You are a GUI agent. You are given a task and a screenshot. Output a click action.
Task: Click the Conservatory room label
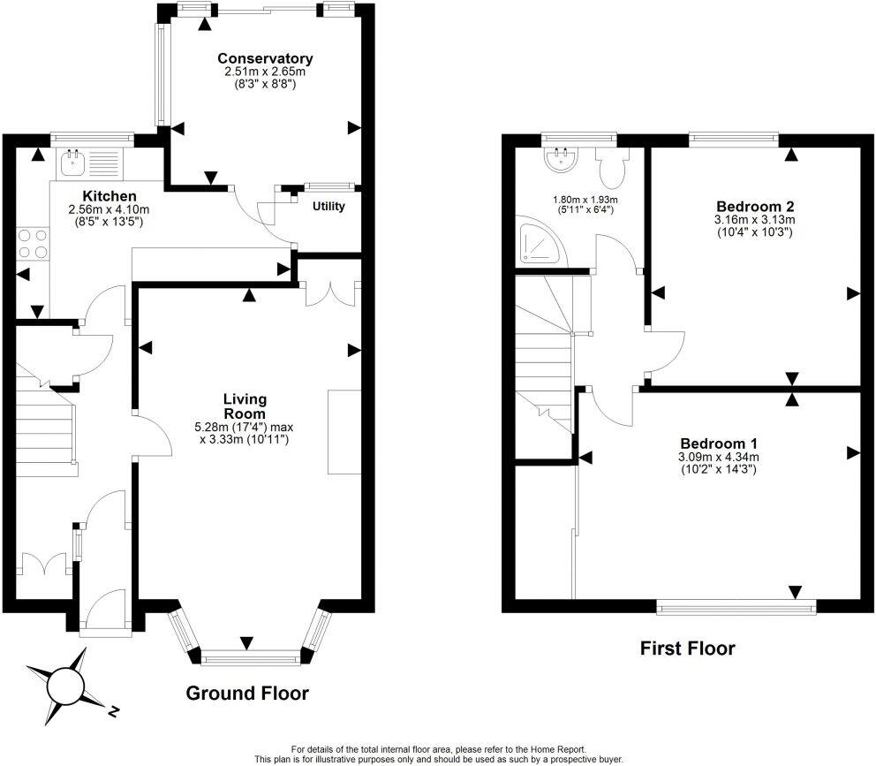(x=265, y=59)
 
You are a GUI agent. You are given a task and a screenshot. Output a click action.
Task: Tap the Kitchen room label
(x=109, y=195)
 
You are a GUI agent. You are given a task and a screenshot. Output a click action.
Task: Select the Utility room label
(x=328, y=207)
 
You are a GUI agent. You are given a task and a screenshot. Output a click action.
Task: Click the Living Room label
(x=245, y=406)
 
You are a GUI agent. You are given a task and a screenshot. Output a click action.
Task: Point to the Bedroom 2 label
(x=752, y=207)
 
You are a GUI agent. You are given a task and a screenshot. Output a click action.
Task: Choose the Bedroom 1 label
(x=719, y=444)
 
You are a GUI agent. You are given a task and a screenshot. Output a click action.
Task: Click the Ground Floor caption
(x=247, y=694)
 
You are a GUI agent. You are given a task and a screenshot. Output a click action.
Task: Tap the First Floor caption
(x=687, y=648)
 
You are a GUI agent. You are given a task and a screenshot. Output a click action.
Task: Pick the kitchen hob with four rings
(x=32, y=243)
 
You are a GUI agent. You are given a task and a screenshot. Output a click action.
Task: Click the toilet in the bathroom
(x=611, y=163)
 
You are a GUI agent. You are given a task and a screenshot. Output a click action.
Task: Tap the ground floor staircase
(x=44, y=424)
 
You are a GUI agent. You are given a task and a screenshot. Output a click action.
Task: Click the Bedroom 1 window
(x=736, y=606)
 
